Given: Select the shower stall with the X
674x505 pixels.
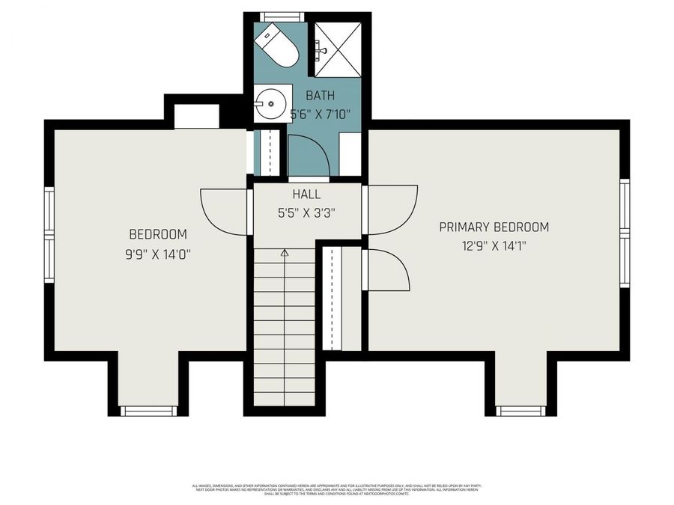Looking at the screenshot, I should point(337,47).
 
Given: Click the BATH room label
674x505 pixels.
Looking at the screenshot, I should point(320,96).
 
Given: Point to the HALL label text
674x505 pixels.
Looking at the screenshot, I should point(306,195).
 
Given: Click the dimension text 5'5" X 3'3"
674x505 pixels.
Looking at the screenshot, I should point(306,212).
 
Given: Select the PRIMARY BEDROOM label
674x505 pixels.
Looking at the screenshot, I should point(494,227).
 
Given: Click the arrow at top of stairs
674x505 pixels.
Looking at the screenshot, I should point(285,254).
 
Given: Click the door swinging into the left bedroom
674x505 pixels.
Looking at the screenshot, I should point(224,211).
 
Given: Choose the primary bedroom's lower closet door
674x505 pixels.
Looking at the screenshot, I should point(386,270).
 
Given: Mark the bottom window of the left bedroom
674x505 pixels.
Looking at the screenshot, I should point(148,411).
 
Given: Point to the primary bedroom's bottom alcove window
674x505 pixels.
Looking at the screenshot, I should point(521,411).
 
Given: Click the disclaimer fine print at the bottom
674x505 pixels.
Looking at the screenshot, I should point(336,490).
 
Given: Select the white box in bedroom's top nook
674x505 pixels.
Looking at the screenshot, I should point(196,117).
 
